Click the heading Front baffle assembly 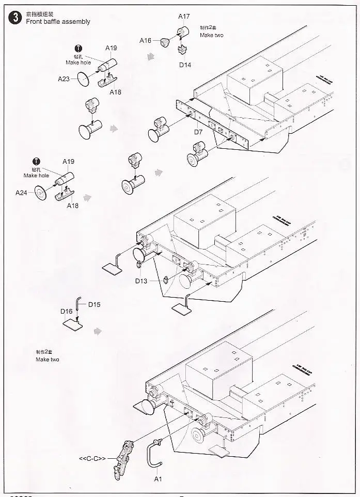pos(58,22)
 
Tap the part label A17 pos(184,17)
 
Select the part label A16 pos(145,40)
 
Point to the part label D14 pos(185,65)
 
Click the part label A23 pos(64,79)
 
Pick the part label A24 pos(21,193)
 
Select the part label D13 pos(142,281)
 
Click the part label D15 pos(94,304)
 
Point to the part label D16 pos(66,311)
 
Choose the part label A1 pos(158,479)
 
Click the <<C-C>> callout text pos(92,458)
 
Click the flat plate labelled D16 pos(73,324)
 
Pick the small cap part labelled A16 pos(164,41)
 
